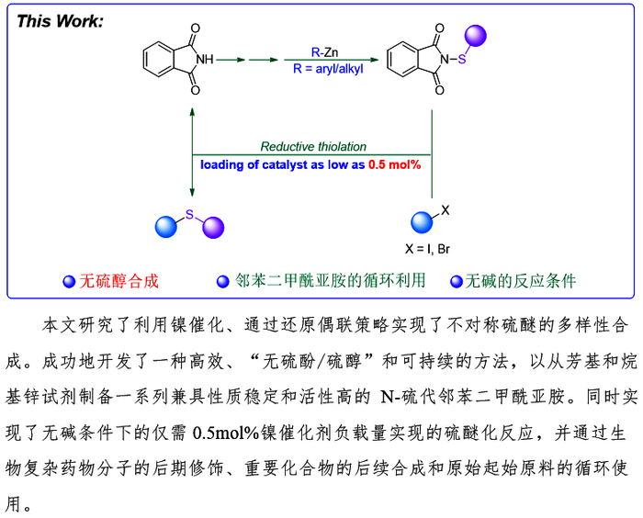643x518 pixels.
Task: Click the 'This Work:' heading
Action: (60, 21)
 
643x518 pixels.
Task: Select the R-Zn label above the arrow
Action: (325, 52)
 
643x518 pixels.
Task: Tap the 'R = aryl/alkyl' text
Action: (328, 69)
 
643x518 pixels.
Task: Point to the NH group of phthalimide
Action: (205, 60)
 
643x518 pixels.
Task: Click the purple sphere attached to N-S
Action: (475, 36)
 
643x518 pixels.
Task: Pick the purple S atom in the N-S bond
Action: (462, 60)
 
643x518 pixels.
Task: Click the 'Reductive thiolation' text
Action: (313, 146)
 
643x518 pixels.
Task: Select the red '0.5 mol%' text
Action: (394, 165)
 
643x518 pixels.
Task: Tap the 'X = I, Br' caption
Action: (427, 249)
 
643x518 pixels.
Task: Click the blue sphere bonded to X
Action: (422, 222)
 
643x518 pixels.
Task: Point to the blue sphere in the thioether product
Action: (166, 227)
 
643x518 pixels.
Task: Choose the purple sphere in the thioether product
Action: (213, 228)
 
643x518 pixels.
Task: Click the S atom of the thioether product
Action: (189, 214)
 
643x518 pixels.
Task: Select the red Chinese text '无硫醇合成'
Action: (118, 281)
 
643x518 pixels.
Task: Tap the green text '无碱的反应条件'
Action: (521, 281)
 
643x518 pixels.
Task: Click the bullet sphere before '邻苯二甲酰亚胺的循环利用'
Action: (222, 282)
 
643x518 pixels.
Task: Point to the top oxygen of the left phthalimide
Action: (195, 28)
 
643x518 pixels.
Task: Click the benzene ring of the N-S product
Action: (402, 60)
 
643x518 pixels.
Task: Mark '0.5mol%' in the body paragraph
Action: (226, 434)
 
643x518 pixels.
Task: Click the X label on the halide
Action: (445, 210)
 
